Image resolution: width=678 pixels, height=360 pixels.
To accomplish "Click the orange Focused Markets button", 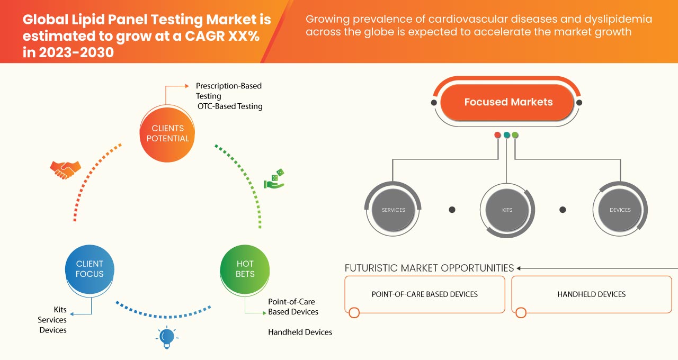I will [x=507, y=102].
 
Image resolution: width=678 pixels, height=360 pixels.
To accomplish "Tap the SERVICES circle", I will [x=393, y=210].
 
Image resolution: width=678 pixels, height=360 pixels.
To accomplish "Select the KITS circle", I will [x=507, y=210].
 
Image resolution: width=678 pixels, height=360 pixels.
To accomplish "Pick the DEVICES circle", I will [x=620, y=210].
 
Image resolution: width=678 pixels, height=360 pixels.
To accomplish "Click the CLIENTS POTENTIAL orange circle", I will [x=167, y=133].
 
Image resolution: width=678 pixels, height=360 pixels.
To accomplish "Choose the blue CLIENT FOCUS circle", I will [x=90, y=269].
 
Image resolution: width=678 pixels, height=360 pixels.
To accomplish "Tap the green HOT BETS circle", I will [x=245, y=269].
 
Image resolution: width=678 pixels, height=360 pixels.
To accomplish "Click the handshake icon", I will [x=65, y=169].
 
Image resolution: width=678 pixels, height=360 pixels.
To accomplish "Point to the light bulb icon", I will [x=167, y=337].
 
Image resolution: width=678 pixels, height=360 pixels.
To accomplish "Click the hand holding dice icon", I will [x=274, y=179].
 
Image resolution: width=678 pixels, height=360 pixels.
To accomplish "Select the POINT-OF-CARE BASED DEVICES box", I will [x=424, y=294].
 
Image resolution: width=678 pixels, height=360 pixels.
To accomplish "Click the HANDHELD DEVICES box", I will [x=591, y=294].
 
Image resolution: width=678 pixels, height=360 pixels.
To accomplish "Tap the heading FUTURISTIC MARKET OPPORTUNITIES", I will [x=429, y=268].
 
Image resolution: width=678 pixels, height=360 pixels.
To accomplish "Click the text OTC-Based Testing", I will [x=230, y=106].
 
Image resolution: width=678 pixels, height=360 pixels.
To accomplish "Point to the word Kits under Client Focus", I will [x=60, y=309].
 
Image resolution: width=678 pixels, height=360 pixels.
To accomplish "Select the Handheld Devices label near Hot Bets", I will [x=300, y=332].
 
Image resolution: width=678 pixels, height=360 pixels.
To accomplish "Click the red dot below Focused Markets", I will [x=497, y=135].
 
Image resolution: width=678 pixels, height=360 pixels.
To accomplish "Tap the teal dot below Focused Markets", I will [x=506, y=135].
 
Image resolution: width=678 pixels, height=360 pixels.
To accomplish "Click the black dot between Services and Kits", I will [x=452, y=210].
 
